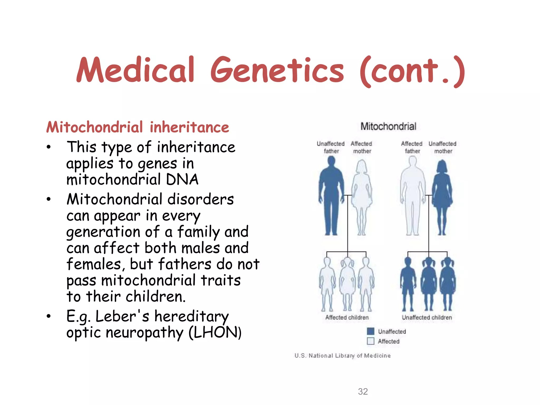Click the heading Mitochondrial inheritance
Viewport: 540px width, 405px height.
click(138, 127)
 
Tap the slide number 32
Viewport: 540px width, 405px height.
click(363, 392)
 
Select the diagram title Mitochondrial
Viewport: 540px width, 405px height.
click(388, 126)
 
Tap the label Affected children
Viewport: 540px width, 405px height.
click(347, 317)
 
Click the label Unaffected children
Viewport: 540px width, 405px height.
click(427, 317)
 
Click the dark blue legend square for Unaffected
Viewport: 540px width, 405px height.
click(371, 331)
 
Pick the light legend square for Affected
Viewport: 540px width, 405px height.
click(371, 341)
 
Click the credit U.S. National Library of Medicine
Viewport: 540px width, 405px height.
click(343, 356)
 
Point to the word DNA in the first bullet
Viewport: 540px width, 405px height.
click(182, 180)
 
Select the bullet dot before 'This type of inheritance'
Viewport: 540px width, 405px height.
click(49, 147)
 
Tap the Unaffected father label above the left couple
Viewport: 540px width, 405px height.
click(331, 147)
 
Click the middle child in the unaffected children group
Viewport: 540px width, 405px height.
click(428, 283)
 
